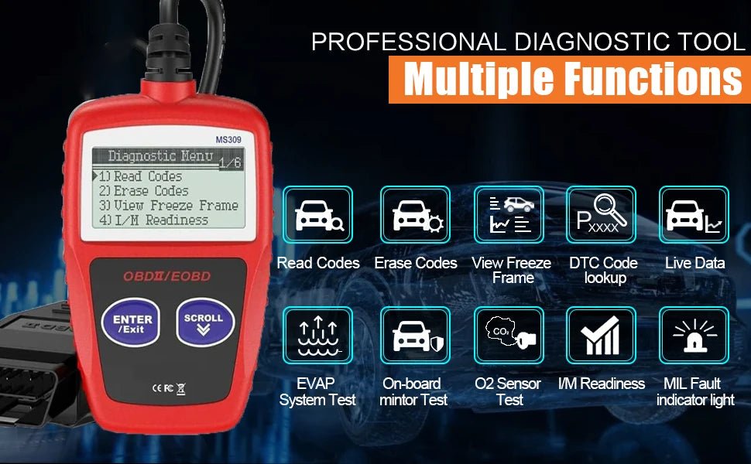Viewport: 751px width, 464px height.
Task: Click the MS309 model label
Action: [230, 139]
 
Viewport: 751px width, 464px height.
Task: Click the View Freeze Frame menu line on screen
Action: [168, 206]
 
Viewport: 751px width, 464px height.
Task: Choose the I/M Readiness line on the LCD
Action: [153, 220]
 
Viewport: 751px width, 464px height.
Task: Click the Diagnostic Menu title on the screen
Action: [161, 156]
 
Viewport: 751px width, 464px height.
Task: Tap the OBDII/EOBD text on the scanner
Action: [167, 276]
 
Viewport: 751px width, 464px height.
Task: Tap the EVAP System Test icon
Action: [318, 335]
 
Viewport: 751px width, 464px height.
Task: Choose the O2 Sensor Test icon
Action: [509, 335]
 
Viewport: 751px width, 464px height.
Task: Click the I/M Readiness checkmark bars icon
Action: [601, 335]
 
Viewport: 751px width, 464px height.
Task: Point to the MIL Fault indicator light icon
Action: [694, 335]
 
